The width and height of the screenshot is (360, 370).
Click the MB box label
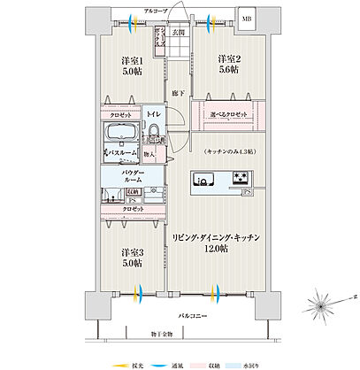pos(246,17)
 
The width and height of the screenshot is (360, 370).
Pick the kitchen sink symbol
pos(203,181)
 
